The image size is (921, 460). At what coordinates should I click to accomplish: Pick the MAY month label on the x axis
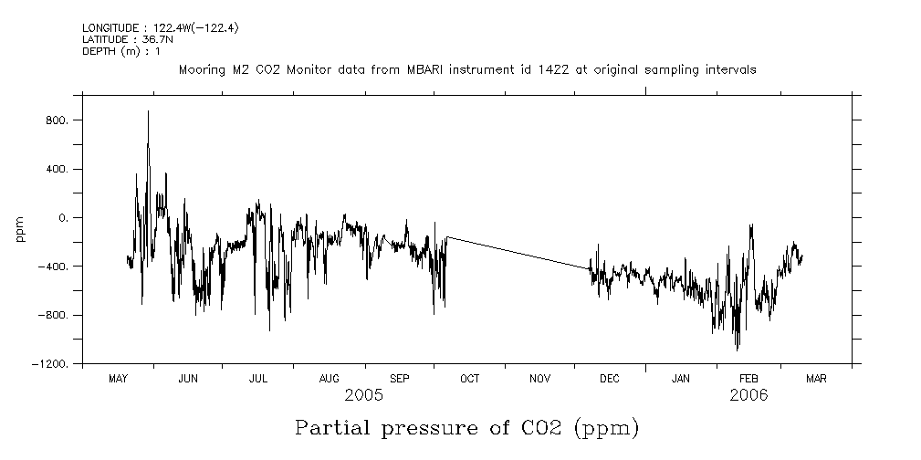coord(118,379)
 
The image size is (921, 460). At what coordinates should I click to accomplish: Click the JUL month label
coord(258,379)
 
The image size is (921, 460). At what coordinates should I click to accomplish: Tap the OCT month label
coord(469,379)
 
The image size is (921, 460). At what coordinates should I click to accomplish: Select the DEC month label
coord(609,379)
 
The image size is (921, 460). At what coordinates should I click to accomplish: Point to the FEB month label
coord(748,379)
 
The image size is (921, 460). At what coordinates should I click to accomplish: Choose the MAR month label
coord(816,379)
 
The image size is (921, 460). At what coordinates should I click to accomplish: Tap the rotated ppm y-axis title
coord(20,230)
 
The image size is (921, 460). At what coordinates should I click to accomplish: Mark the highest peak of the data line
coord(148,111)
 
